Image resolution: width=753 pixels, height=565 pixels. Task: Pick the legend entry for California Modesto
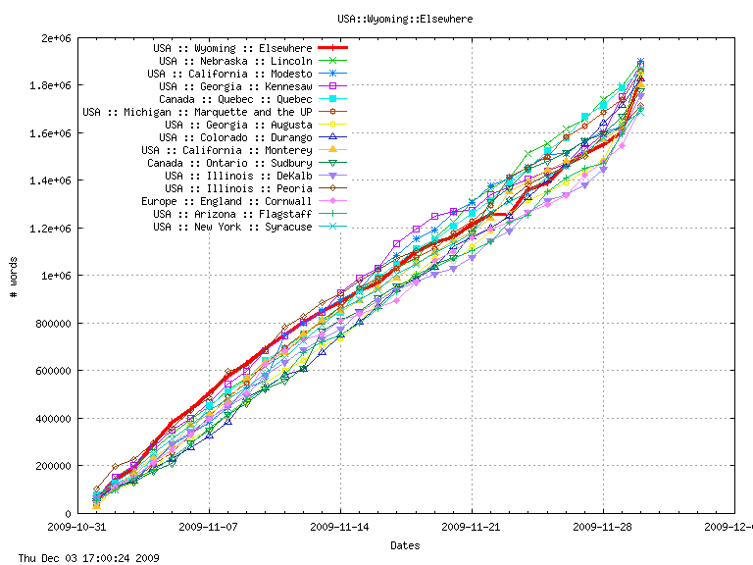pos(229,74)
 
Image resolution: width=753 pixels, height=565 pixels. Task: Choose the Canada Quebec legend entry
pos(235,99)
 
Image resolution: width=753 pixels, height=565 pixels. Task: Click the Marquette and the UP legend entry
pos(197,112)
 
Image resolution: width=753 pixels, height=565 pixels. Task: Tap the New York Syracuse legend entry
pos(232,227)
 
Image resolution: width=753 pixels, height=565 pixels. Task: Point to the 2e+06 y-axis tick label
pos(55,38)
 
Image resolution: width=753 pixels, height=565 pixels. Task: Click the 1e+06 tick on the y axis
pos(55,276)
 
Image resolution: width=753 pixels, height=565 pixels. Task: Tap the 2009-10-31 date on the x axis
pos(77,527)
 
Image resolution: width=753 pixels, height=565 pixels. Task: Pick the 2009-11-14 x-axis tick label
pos(340,527)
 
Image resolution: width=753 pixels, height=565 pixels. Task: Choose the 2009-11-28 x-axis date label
pos(603,527)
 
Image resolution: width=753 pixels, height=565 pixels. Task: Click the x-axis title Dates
pos(405,544)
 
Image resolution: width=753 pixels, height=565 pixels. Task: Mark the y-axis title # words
pos(14,276)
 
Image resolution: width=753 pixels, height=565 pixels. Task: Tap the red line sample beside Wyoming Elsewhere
pos(333,48)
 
